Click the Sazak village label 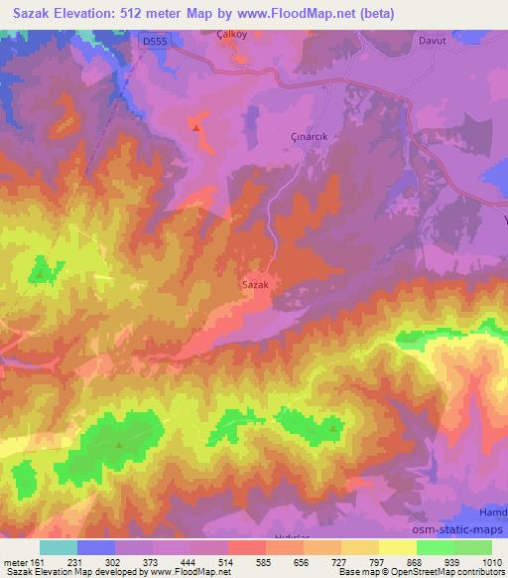(x=256, y=283)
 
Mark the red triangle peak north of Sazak (x=196, y=127)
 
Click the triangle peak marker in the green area (x=120, y=444)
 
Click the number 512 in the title (x=149, y=12)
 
